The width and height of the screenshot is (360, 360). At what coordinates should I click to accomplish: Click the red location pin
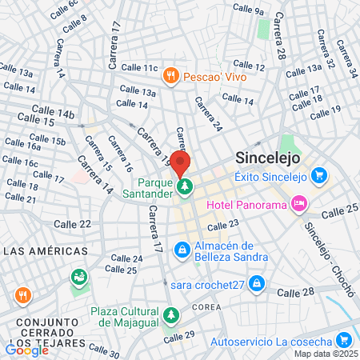coord(180,162)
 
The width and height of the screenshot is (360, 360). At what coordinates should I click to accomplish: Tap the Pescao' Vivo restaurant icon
coord(170,76)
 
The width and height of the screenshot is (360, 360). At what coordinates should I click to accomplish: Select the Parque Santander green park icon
coord(186,187)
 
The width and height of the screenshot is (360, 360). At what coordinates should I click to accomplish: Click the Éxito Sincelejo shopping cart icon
coord(319,174)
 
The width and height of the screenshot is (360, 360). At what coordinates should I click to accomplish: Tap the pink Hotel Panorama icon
coord(298,204)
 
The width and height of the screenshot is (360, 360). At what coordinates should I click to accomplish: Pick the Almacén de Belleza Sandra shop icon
coord(183,251)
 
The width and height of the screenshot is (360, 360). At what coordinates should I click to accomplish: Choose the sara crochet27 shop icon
coord(256,282)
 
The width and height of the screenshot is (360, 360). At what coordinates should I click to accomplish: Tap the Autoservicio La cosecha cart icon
coord(343,342)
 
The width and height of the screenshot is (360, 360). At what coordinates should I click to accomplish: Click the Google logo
coord(26,350)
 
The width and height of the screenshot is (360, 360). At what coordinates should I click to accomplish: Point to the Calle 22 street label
coord(72,225)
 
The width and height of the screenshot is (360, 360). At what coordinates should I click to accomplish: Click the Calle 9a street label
coord(247,10)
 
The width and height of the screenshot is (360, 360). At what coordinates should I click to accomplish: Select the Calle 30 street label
coord(104,350)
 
